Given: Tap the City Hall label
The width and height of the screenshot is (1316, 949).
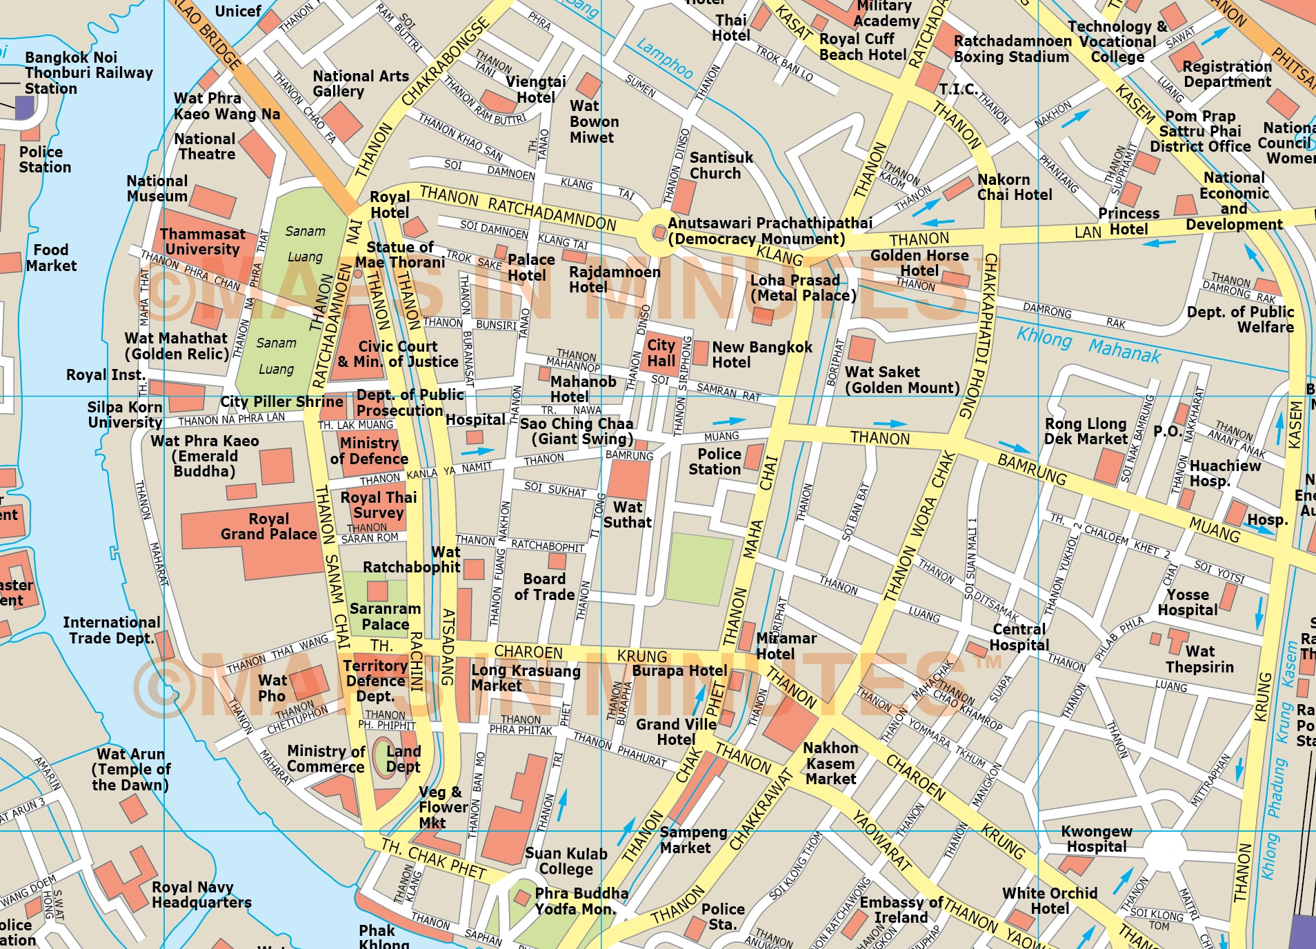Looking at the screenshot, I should pos(661,352).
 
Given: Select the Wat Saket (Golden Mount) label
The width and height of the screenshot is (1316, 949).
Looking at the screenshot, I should pos(901,380).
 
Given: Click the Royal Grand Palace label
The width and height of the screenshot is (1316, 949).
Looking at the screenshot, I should pos(268,526).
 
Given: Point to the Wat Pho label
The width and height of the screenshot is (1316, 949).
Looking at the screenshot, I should pos(272,688).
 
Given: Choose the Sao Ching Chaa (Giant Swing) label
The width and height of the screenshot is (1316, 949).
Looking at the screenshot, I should pos(577,431).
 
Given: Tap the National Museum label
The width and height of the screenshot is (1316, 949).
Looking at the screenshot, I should pos(157,188).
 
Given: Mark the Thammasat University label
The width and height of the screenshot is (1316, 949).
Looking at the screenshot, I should pos(202,241).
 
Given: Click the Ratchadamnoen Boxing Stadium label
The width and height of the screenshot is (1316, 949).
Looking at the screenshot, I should pos(1012,49).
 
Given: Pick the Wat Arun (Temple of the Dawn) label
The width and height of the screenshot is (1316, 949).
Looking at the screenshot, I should pos(130,769).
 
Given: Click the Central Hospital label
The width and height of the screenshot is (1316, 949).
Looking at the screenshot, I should pos(1019,637).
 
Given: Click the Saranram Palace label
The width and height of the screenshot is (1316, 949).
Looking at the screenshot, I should pos(385,617).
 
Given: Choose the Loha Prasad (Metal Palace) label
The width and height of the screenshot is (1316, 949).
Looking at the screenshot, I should pos(802,288).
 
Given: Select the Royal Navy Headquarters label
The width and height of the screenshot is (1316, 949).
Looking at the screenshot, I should pos(201,895).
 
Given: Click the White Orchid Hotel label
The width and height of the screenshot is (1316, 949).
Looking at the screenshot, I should pos(1049,901).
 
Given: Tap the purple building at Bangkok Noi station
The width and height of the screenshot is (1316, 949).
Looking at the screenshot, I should pos(25,108).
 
